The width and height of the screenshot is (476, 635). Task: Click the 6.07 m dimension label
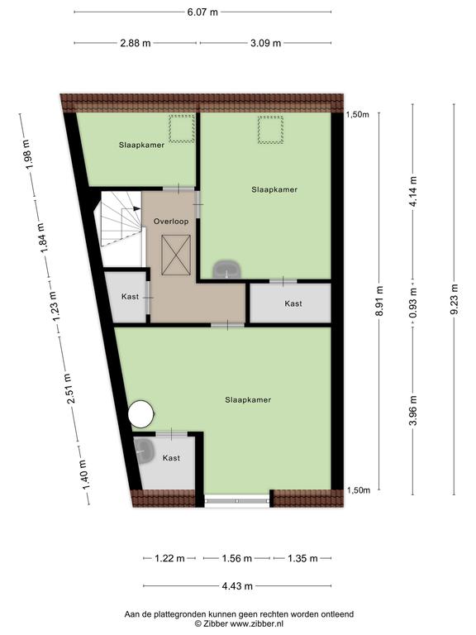pyautogui.click(x=202, y=12)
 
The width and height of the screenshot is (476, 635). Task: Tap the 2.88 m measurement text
pyautogui.click(x=136, y=43)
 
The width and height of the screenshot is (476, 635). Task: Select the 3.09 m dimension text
pyautogui.click(x=265, y=43)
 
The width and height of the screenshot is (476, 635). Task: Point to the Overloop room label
pyautogui.click(x=171, y=222)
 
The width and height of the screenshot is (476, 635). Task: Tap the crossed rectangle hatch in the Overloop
pyautogui.click(x=176, y=255)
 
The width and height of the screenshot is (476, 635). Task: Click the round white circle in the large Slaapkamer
pyautogui.click(x=140, y=414)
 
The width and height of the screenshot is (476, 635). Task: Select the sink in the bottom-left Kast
pyautogui.click(x=144, y=450)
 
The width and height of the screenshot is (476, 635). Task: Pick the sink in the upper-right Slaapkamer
pyautogui.click(x=227, y=270)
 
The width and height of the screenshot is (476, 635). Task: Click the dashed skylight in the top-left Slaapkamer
pyautogui.click(x=182, y=128)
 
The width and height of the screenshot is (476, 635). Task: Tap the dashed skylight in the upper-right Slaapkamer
pyautogui.click(x=270, y=130)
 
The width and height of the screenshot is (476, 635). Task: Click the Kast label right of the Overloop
pyautogui.click(x=293, y=303)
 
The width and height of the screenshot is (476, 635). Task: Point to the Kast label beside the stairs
pyautogui.click(x=130, y=297)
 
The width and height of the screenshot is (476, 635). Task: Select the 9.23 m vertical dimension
pyautogui.click(x=455, y=298)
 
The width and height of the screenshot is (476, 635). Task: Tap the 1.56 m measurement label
pyautogui.click(x=237, y=558)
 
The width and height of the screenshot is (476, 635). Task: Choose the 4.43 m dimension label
pyautogui.click(x=237, y=586)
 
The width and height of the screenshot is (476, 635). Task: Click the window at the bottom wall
pyautogui.click(x=237, y=500)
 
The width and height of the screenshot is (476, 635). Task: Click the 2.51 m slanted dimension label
pyautogui.click(x=71, y=389)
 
